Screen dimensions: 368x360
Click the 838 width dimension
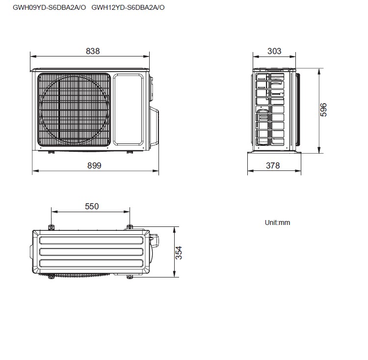point(93,51)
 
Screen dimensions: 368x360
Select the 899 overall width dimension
point(94,166)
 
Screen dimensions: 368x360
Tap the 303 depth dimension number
point(274,51)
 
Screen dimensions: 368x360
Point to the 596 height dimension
point(323,110)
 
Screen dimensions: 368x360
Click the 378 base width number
point(273,166)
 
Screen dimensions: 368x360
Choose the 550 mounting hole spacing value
point(92,206)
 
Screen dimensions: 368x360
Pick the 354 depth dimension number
point(179,253)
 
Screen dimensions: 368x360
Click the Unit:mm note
point(277,222)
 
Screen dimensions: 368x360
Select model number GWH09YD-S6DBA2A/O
point(49,7)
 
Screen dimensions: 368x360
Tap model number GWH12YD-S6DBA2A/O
point(128,7)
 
